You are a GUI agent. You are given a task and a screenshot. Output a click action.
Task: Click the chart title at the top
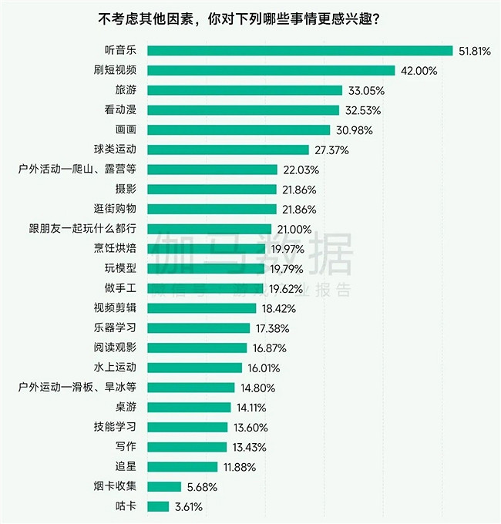tap(250, 18)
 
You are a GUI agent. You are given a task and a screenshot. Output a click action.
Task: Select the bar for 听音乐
tap(299, 51)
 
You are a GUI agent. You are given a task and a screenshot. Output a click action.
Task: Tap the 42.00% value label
tap(419, 71)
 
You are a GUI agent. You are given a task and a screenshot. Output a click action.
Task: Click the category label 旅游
tap(126, 90)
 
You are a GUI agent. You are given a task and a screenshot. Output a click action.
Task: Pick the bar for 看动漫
tap(243, 110)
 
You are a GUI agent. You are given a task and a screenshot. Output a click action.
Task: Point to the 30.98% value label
tap(353, 130)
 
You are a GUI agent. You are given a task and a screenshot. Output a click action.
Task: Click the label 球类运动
tap(114, 149)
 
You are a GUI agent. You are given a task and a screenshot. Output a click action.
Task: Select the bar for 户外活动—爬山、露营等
tap(212, 170)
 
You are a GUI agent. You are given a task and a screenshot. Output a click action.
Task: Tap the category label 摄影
tap(126, 190)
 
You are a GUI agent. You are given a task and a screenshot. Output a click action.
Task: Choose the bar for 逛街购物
tap(211, 209)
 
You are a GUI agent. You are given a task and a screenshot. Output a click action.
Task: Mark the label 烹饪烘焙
tap(114, 248)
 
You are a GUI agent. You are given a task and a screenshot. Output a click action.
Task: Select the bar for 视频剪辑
tap(201, 308)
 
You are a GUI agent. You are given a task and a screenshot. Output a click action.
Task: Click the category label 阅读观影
tap(114, 348)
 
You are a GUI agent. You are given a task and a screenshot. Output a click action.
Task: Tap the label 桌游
tap(126, 407)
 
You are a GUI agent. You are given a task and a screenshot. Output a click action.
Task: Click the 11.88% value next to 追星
tap(240, 466)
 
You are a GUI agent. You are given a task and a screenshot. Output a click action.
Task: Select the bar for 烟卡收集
tap(163, 486)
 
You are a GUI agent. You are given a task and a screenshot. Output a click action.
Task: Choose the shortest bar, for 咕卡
tap(157, 506)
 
